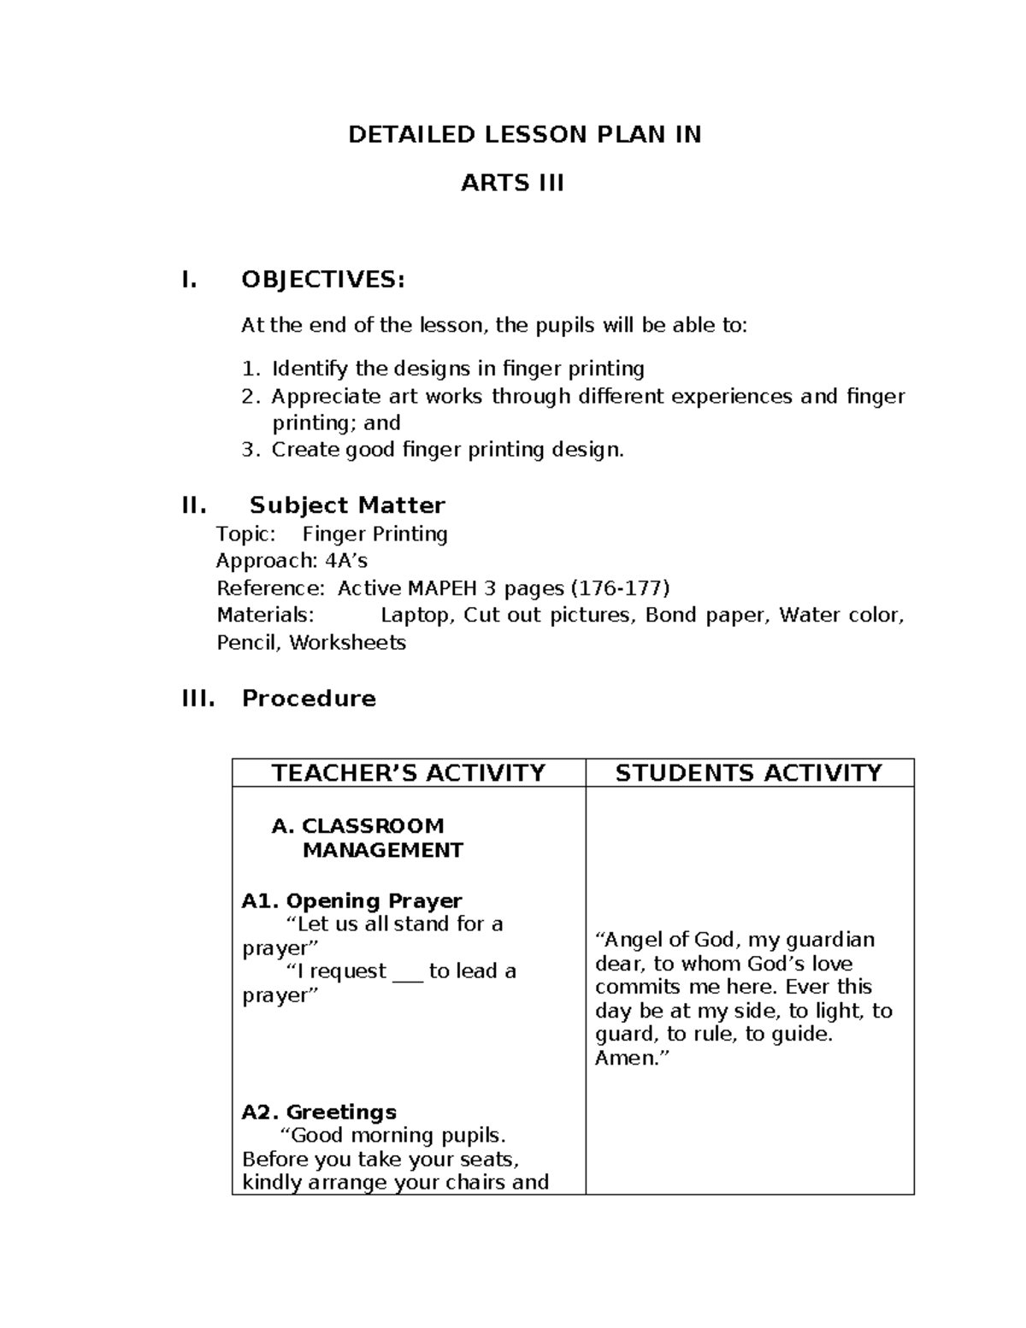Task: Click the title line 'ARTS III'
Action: point(512,183)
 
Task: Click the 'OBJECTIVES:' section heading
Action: point(322,280)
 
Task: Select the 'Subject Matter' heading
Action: point(347,505)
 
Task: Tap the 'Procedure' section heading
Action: point(309,699)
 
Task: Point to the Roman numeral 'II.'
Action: point(194,505)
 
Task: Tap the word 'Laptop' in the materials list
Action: point(416,616)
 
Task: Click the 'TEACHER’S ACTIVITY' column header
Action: point(408,773)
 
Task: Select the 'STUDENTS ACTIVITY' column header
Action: point(748,773)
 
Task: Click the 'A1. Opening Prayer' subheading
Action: point(351,900)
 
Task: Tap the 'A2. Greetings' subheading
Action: point(319,1112)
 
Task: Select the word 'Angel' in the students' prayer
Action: point(626,940)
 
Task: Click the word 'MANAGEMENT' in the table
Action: point(382,850)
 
